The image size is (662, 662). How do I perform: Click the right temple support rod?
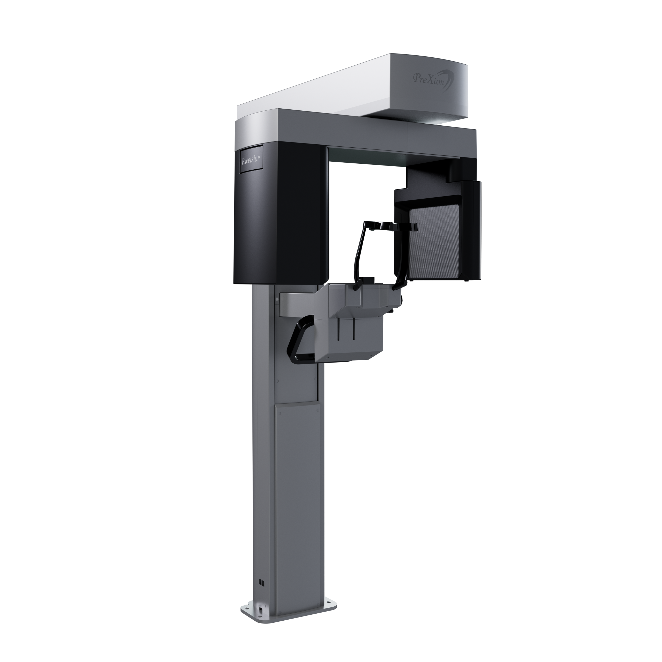click(403, 255)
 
